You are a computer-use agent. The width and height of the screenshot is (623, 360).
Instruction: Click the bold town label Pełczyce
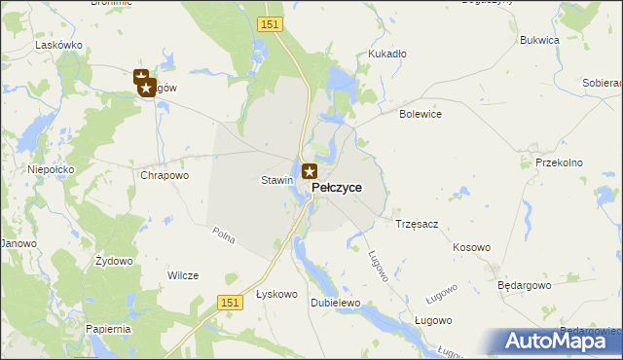pos(337,187)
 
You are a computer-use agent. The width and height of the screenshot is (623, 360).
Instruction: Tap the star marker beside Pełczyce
pos(310,172)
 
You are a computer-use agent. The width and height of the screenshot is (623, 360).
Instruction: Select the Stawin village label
pos(276,180)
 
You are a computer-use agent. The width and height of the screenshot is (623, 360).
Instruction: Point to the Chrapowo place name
pos(164,176)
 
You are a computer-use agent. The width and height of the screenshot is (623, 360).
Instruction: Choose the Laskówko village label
pos(57,45)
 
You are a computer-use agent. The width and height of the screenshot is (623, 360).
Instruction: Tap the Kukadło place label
pos(386,54)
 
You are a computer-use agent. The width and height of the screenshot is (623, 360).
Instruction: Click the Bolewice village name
pos(421,114)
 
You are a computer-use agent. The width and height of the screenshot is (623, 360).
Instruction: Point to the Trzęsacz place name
pos(417,224)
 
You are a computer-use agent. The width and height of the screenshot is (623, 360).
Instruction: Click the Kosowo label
pos(471,247)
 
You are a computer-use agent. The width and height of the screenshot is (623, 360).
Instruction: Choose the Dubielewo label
pos(335,303)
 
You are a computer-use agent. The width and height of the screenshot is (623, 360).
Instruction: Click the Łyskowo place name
pos(275,294)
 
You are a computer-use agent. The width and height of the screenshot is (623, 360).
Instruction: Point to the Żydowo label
pos(113,262)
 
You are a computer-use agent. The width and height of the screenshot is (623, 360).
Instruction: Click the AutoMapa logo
pos(557,341)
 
